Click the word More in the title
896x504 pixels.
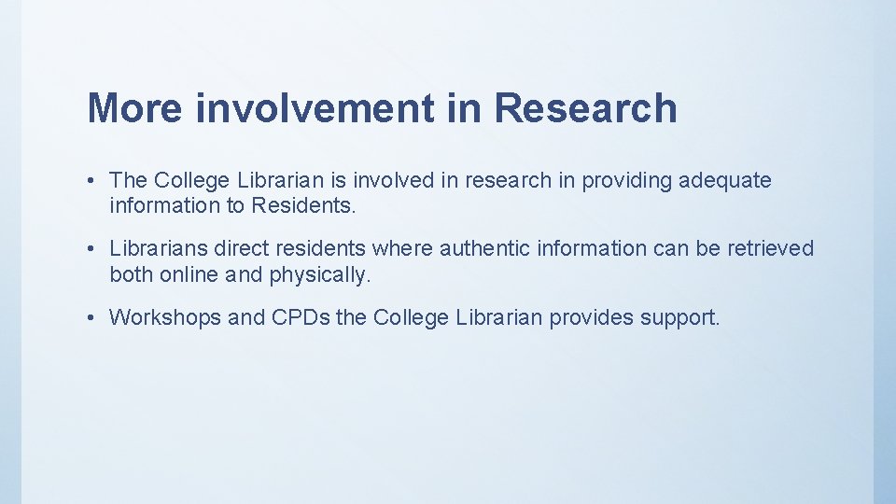[134, 108]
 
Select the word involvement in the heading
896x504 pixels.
[314, 108]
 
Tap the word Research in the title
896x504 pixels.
[584, 108]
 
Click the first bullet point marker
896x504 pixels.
[96, 180]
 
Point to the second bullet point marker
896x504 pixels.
[96, 249]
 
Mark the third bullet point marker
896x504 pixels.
[96, 318]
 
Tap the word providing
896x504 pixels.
[623, 180]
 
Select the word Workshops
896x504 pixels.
[165, 318]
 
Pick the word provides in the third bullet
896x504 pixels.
[589, 318]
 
